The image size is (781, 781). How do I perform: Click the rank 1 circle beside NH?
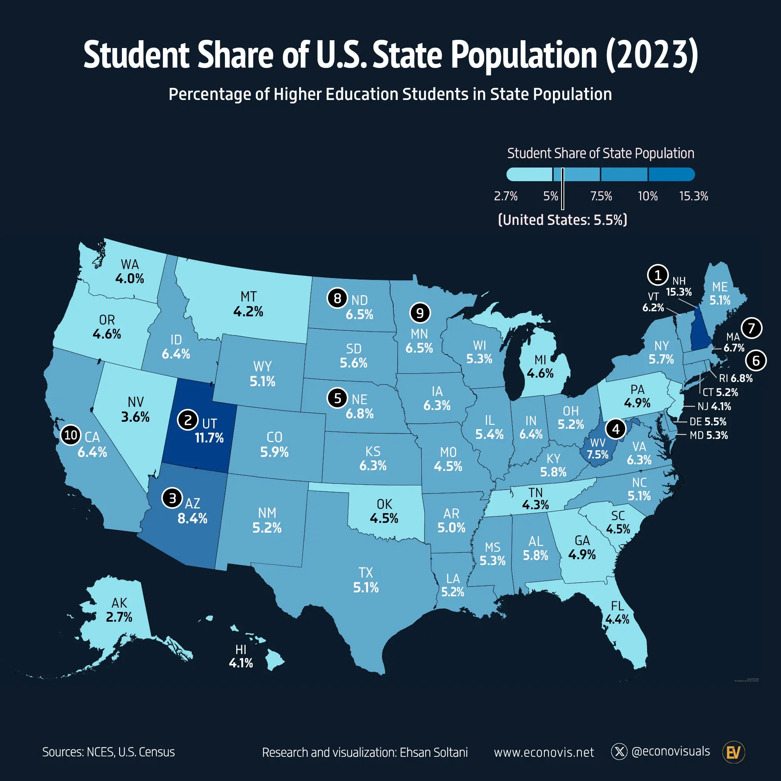pos(658,275)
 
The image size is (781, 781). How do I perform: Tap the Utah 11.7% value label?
pos(209,438)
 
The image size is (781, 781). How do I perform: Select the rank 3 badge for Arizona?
pos(172,498)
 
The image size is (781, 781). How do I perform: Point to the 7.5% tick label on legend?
pos(601,196)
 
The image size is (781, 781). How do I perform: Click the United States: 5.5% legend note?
pos(563,220)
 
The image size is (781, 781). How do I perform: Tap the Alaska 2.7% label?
pos(119,617)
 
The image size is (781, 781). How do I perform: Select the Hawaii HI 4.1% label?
pos(241,656)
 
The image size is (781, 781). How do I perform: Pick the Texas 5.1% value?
pos(366,587)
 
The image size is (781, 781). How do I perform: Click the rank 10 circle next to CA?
pos(71,435)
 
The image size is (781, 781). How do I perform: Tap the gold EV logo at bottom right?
pos(733,752)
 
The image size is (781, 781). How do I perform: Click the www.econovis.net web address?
pos(544,752)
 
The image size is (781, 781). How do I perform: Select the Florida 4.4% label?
pos(617,619)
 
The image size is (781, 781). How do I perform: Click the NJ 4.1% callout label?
pos(714,406)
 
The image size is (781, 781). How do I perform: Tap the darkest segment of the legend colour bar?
pos(671,175)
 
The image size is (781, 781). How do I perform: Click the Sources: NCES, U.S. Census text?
pos(108,752)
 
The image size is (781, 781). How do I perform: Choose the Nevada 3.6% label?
pos(136,417)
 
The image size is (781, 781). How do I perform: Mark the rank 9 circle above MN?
pos(420,313)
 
